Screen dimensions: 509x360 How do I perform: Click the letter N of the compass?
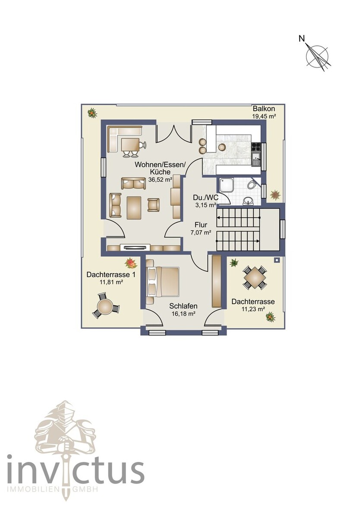(302, 39)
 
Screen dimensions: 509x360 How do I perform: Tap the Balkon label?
(264, 109)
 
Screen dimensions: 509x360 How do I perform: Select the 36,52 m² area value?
(160, 179)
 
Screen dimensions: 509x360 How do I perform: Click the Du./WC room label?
(205, 198)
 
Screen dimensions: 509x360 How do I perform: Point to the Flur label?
(201, 225)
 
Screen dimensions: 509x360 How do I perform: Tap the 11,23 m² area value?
(253, 309)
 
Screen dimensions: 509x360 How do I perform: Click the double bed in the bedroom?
(162, 281)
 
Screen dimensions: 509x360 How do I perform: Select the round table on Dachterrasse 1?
(105, 306)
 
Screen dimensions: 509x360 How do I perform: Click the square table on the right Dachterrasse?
(254, 277)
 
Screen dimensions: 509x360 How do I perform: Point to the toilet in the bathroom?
(253, 185)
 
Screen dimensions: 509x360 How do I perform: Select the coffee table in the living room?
(134, 208)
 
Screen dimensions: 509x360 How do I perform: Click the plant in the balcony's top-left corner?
(92, 113)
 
